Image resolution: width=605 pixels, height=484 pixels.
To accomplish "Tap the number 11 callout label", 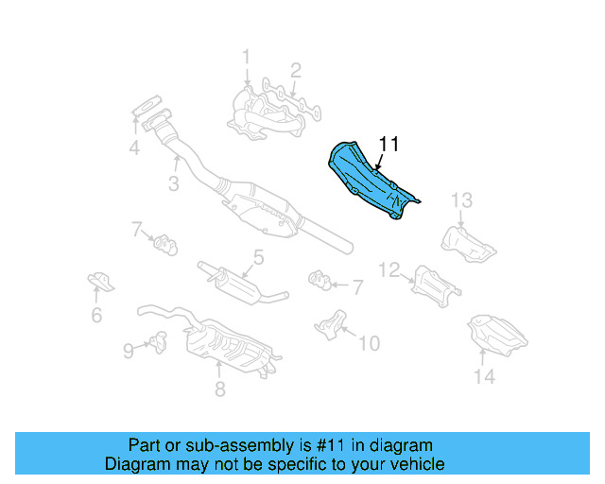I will click(389, 145).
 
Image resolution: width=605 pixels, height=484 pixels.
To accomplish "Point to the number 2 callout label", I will click(295, 69).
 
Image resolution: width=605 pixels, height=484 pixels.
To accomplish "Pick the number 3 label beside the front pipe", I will click(174, 183).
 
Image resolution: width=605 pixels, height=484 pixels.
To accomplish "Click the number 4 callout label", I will click(134, 147).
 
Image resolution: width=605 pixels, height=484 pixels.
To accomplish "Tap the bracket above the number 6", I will click(98, 281).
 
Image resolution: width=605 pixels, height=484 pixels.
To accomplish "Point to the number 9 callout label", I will click(129, 351).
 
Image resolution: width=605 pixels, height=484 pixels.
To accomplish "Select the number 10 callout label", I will click(370, 342).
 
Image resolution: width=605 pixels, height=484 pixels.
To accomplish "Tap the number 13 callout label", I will click(460, 199).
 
